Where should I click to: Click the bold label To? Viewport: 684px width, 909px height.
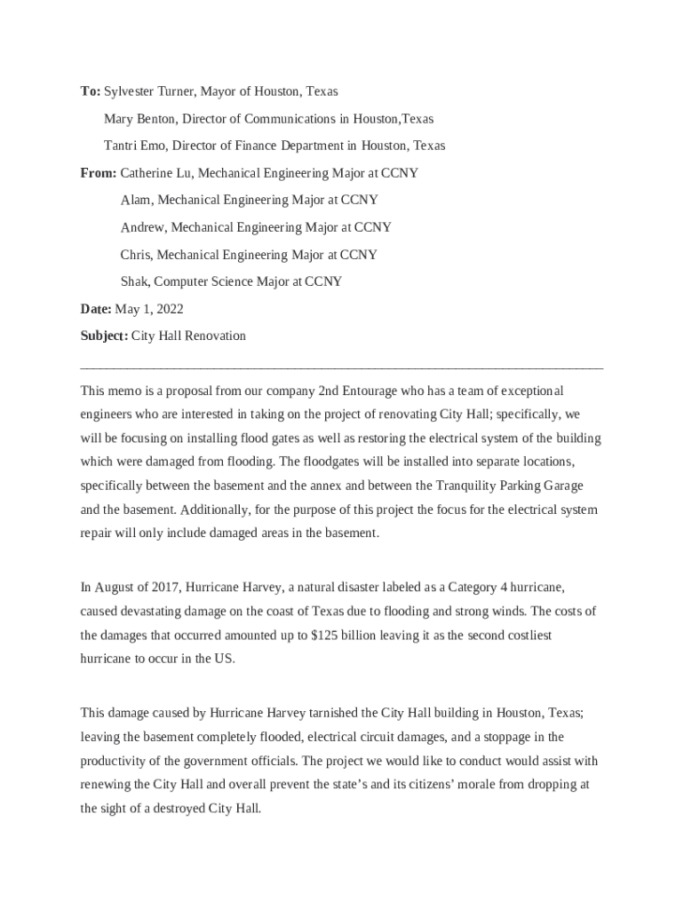pyautogui.click(x=90, y=91)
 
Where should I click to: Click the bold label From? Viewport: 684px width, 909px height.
pyautogui.click(x=99, y=173)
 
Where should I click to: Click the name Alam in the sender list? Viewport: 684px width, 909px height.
pyautogui.click(x=135, y=201)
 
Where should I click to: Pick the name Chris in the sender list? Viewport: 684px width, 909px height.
pyautogui.click(x=135, y=255)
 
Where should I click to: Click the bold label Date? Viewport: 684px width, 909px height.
pyautogui.click(x=96, y=309)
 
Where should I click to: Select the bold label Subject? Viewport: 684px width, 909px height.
pyautogui.click(x=104, y=336)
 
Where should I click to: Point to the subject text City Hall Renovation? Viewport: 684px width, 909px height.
pyautogui.click(x=188, y=336)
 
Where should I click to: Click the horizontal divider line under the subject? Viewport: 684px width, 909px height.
pyautogui.click(x=341, y=366)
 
